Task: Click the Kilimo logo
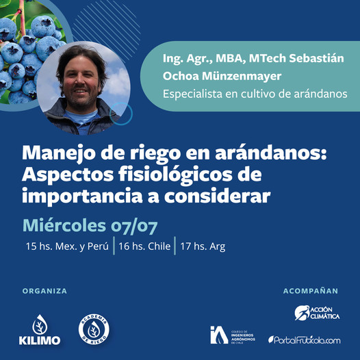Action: click(40, 330)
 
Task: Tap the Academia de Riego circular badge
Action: click(94, 329)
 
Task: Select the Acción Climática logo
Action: click(317, 313)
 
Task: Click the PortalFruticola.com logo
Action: click(305, 339)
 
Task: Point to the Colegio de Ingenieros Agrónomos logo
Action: click(233, 335)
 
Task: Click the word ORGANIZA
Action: click(44, 291)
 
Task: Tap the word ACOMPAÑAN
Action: click(311, 291)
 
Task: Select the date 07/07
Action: click(134, 227)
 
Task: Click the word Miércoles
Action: click(64, 225)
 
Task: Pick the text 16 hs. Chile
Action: click(144, 246)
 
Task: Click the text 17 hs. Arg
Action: click(203, 247)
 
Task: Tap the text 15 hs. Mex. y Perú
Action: click(67, 246)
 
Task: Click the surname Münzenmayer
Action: click(242, 77)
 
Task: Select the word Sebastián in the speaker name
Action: click(316, 58)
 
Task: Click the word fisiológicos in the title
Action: click(175, 175)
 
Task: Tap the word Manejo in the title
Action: click(59, 153)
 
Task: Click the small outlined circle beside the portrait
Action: click(121, 114)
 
